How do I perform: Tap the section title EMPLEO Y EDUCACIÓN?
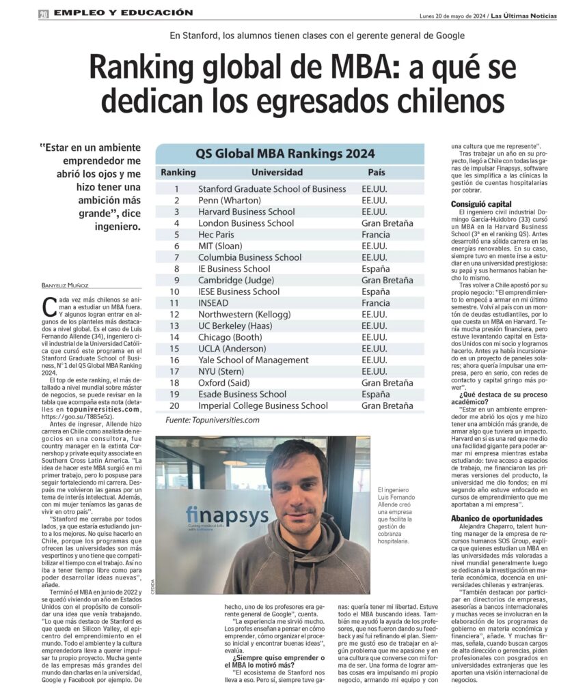124,13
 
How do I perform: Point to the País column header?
377,173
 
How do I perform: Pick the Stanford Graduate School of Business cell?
272,189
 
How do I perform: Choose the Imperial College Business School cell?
262,405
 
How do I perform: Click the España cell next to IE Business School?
376,269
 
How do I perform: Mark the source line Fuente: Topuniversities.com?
213,420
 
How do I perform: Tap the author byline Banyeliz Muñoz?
66,285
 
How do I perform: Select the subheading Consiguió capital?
481,204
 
